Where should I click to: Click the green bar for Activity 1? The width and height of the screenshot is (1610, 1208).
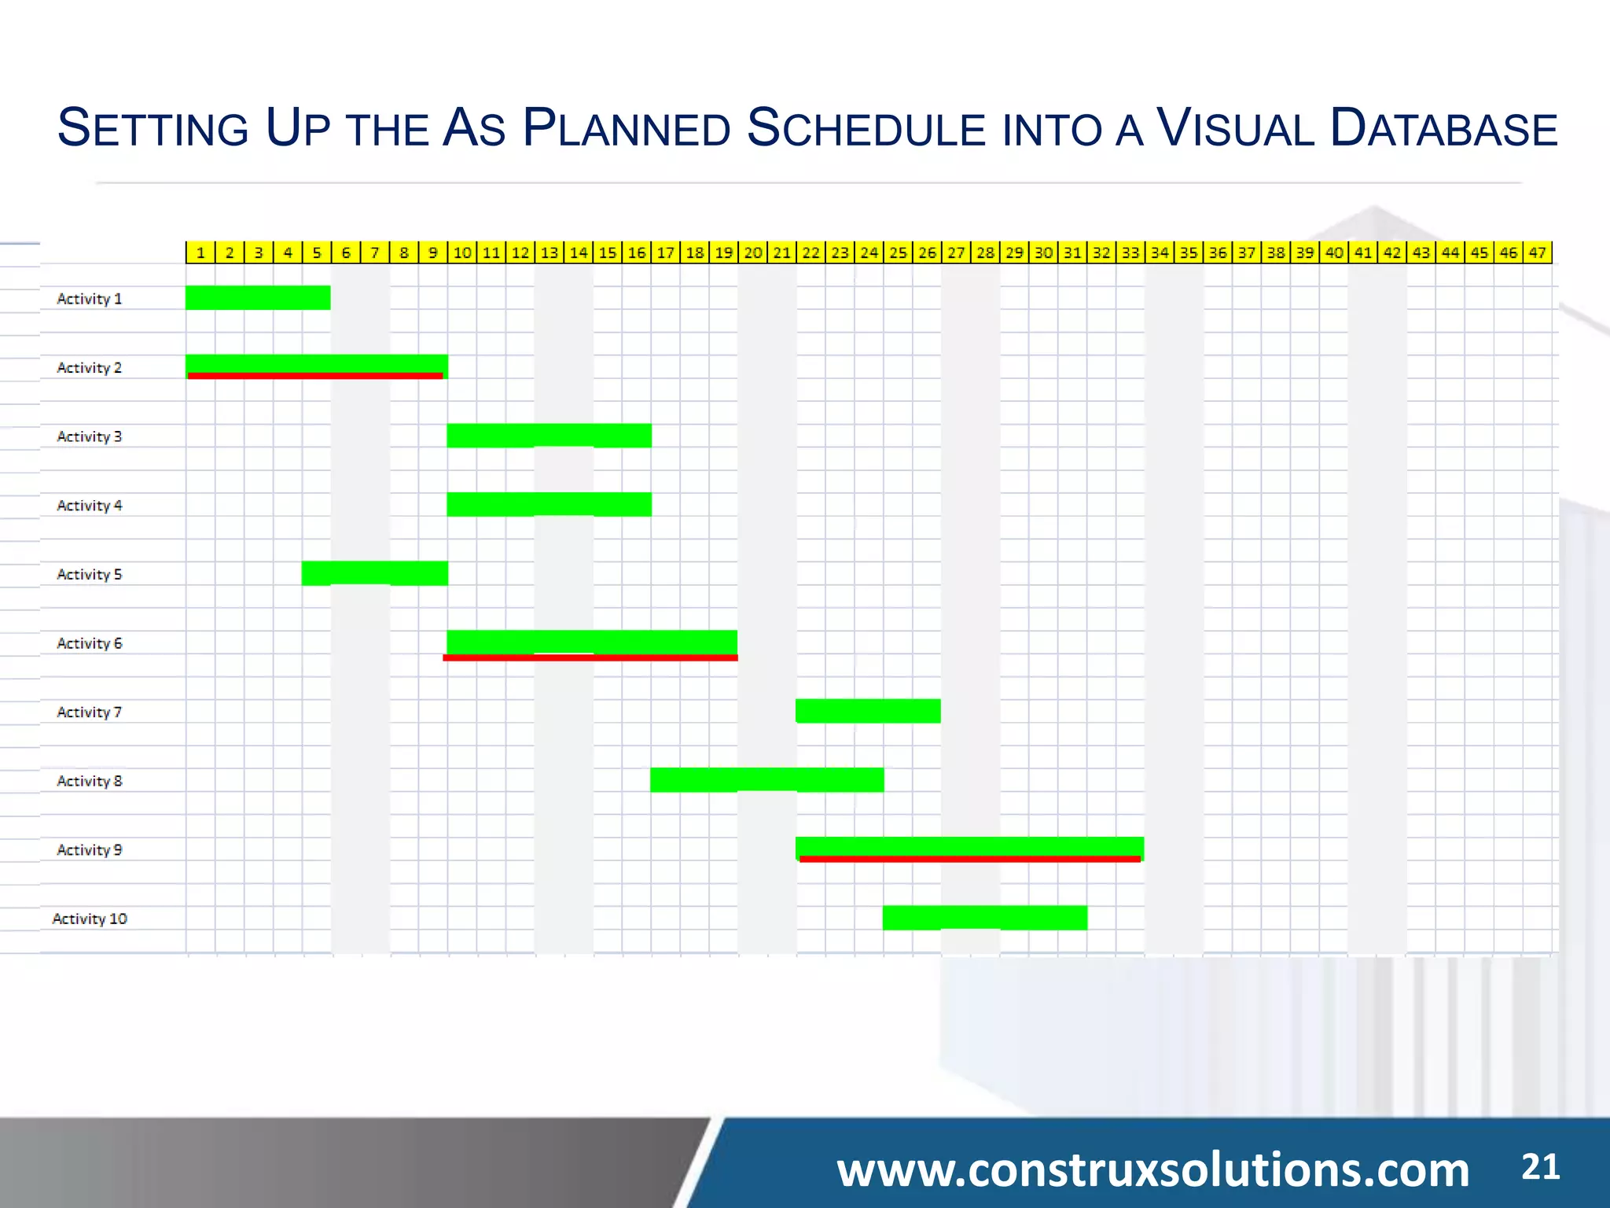pos(258,297)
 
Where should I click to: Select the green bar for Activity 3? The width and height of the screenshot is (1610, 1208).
pos(549,435)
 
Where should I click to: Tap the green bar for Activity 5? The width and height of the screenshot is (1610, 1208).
pos(374,573)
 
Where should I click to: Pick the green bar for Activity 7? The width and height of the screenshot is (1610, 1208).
pos(868,710)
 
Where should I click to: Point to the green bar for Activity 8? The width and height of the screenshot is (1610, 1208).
pos(766,779)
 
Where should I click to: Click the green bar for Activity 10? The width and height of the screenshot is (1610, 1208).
pos(984,917)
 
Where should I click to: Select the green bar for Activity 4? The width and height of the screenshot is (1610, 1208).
pos(549,504)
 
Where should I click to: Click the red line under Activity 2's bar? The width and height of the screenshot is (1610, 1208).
pos(315,376)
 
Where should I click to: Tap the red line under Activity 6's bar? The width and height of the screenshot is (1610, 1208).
pos(590,657)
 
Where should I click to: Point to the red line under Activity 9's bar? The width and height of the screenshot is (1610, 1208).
pos(969,859)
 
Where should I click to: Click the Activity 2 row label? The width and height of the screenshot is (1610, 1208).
pos(90,367)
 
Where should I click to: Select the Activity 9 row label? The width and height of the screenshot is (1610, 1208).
pos(90,849)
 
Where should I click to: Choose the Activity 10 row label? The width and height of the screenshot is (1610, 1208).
pos(90,919)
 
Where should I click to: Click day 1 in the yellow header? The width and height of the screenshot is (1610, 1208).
pos(200,252)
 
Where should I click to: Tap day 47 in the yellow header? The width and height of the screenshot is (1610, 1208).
pos(1538,252)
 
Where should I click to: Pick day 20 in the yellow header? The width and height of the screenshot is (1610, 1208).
pos(753,252)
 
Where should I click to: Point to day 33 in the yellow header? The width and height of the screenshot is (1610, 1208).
pos(1130,252)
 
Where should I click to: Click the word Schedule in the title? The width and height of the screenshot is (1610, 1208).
pos(866,128)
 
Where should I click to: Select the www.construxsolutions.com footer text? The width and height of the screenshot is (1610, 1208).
pos(1152,1169)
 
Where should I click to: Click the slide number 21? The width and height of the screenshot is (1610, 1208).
pos(1540,1167)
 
